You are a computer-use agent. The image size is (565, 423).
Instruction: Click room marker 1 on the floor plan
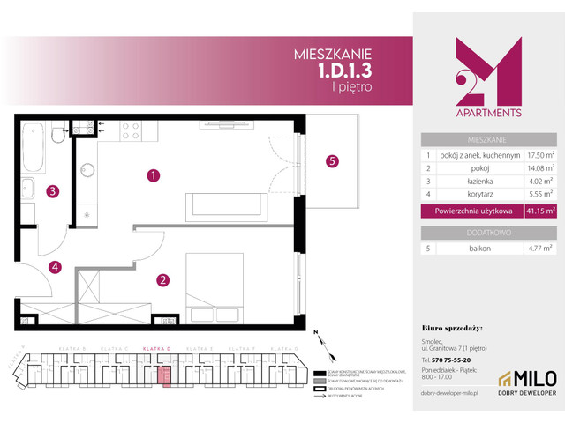[154, 175]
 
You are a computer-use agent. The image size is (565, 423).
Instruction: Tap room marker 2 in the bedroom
[162, 281]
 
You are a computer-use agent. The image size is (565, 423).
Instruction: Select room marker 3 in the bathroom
[53, 190]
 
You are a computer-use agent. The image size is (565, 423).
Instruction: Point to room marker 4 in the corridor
[55, 266]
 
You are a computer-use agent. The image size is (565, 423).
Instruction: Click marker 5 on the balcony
[332, 161]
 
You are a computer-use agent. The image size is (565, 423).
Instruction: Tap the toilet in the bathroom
[58, 134]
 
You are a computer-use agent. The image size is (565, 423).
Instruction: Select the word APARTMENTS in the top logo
[486, 113]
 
